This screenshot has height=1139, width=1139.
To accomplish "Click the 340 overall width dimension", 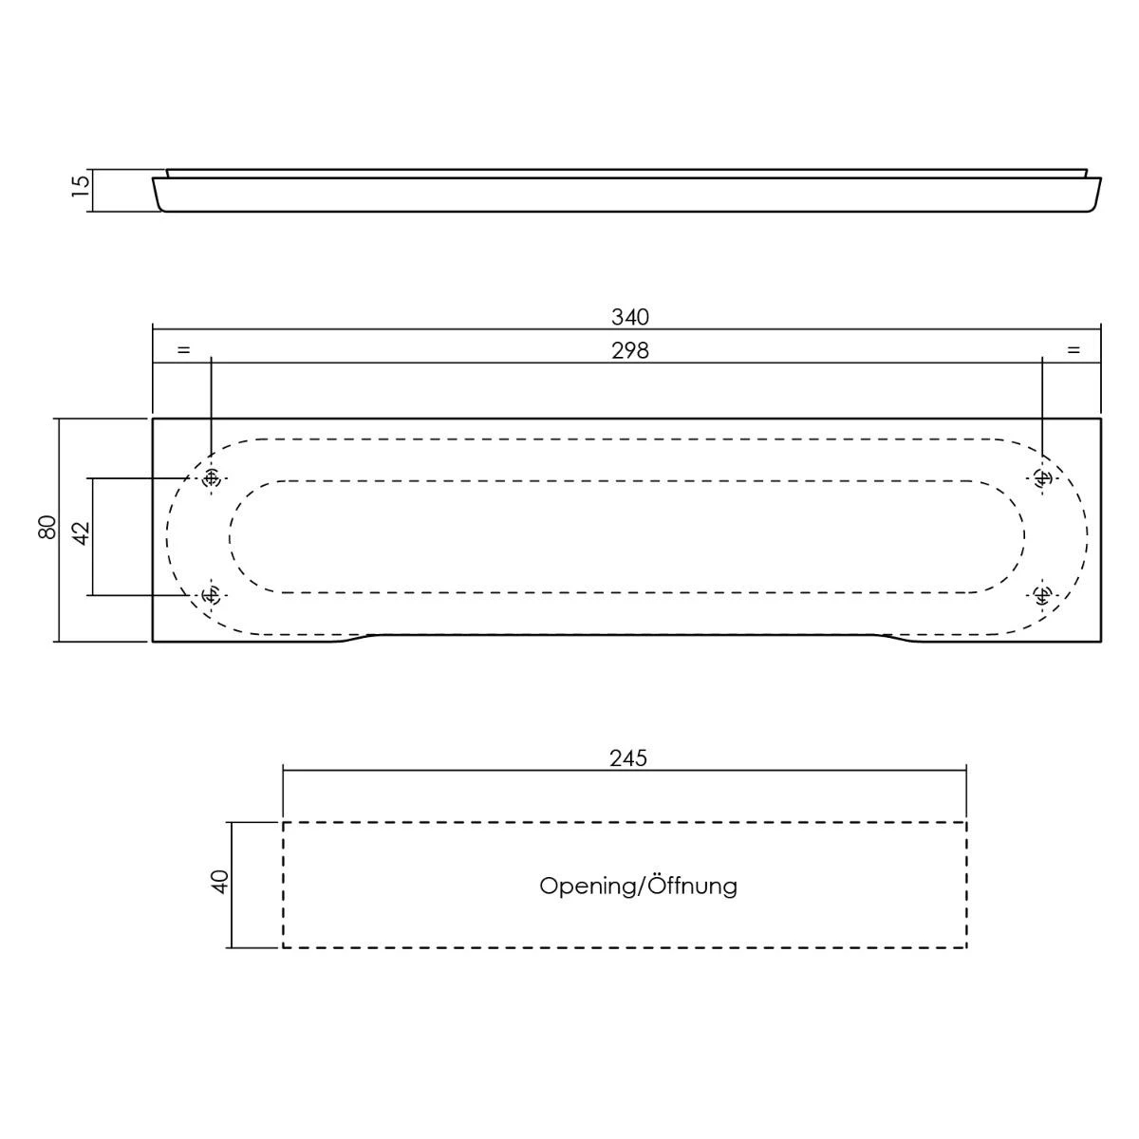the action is coord(630,317).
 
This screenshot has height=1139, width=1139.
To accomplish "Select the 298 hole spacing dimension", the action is coord(630,351).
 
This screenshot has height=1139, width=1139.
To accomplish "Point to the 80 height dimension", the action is coord(47,527).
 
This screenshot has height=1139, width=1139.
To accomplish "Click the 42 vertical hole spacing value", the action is coord(82,532).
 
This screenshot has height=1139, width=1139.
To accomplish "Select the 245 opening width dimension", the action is coord(628,758).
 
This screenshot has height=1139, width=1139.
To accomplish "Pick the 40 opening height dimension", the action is coord(219,882).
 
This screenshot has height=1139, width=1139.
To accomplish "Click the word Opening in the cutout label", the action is coord(587,886).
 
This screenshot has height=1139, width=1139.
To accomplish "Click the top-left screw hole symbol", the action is coord(211,478).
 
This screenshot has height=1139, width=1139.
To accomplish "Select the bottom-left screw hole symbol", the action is coord(211,594).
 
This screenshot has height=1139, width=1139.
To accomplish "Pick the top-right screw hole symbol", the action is coord(1042,477).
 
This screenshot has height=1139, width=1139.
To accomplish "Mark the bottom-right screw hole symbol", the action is coord(1042,594).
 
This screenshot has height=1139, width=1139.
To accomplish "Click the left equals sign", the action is coord(184,350).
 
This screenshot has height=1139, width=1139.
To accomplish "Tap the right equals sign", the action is coord(1074,350).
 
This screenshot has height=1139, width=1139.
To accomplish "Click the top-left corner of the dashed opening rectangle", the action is coord(283,822).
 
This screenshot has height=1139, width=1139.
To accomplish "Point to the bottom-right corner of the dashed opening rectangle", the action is coord(966,947).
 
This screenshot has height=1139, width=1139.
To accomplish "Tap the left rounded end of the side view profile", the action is coord(159,195).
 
